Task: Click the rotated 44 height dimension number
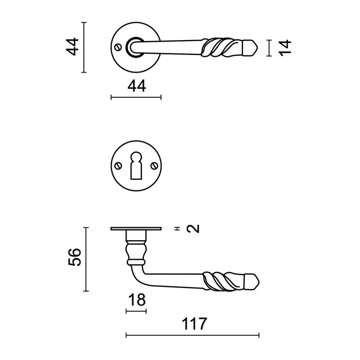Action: pyautogui.click(x=74, y=47)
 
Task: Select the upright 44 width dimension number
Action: pyautogui.click(x=136, y=86)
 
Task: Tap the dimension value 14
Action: pyautogui.click(x=286, y=47)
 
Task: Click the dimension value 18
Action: pyautogui.click(x=136, y=300)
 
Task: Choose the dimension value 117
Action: pyautogui.click(x=194, y=325)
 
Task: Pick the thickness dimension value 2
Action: pyautogui.click(x=193, y=229)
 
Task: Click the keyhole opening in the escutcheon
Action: pyautogui.click(x=136, y=164)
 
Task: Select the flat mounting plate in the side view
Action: pyautogui.click(x=136, y=229)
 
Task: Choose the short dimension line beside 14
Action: pyautogui.click(x=269, y=47)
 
